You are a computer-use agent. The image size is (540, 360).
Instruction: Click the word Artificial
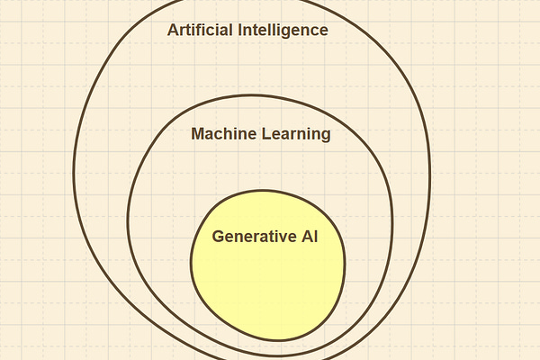coord(200,30)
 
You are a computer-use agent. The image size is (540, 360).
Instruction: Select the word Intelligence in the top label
coord(283,30)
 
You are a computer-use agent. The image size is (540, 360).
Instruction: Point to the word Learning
coord(295,134)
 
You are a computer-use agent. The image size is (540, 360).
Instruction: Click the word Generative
coord(252,237)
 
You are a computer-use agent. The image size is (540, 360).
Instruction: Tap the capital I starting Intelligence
coord(239,30)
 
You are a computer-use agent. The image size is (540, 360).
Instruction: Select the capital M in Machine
coord(198,134)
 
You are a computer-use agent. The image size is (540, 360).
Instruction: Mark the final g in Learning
coord(325,136)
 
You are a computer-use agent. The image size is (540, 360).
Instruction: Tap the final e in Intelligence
coord(322,31)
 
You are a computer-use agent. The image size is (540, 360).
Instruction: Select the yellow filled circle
coord(267,279)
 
